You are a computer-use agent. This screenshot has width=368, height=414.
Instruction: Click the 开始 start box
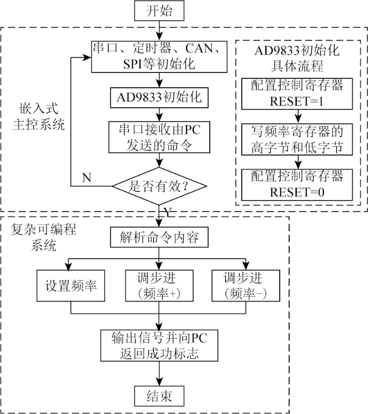[x=159, y=11]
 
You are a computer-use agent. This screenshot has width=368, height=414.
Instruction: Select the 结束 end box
[x=159, y=396]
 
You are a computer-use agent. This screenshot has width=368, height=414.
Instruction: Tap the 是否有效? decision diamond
[x=159, y=186]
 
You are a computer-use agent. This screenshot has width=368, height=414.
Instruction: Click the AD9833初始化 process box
[x=159, y=98]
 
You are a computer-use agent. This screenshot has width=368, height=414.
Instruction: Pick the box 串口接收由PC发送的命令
[x=159, y=137]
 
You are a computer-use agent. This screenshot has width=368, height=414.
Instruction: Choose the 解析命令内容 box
[x=159, y=237]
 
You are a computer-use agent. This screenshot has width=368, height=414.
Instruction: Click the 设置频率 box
[x=70, y=286]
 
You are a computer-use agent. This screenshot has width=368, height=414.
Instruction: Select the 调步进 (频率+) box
[x=159, y=286]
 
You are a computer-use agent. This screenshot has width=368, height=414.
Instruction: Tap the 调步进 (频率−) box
[x=246, y=286]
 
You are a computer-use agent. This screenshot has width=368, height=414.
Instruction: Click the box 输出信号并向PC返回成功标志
[x=159, y=345]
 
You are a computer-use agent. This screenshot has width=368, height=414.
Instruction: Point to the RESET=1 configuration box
[x=297, y=94]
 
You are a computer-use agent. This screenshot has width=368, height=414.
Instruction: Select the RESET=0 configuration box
[x=297, y=185]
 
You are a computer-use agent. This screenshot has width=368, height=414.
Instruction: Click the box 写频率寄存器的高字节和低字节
[x=297, y=139]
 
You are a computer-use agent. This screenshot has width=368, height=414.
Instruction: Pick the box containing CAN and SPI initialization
[x=159, y=57]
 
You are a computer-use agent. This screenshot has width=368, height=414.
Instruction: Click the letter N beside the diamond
[x=87, y=178]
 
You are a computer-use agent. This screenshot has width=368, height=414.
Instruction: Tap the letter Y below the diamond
[x=168, y=212]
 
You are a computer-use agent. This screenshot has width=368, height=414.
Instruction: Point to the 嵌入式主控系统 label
[x=38, y=117]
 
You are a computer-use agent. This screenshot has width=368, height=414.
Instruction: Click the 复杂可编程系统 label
[x=43, y=237]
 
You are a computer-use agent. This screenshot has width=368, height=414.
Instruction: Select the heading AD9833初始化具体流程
[x=297, y=58]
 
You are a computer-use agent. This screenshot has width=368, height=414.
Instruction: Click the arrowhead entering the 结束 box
[x=159, y=382]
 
